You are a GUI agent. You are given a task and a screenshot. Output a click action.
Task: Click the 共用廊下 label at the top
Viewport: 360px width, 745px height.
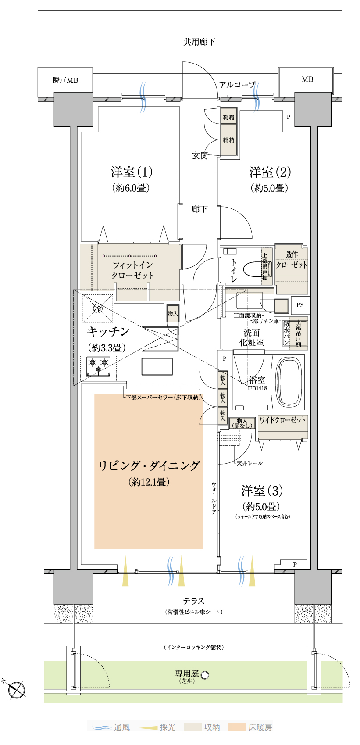(200, 42)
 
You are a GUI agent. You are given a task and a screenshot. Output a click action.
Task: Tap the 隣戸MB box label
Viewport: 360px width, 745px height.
(65, 80)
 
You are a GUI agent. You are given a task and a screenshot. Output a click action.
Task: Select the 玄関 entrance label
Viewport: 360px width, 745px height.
(200, 155)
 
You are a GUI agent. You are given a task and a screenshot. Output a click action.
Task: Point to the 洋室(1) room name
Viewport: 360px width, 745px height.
(132, 172)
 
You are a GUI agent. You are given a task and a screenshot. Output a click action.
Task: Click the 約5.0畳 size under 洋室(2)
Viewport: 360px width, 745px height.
(269, 188)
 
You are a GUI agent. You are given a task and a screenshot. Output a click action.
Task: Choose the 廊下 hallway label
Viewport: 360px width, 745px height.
(200, 209)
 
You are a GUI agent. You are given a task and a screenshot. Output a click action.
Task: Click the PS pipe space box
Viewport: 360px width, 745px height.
(300, 305)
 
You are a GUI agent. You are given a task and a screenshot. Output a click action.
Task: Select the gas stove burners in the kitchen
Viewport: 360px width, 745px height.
(98, 366)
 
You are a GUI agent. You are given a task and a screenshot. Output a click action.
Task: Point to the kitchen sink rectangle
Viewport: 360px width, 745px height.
(157, 366)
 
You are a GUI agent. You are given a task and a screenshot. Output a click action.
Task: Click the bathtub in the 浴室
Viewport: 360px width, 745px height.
(289, 381)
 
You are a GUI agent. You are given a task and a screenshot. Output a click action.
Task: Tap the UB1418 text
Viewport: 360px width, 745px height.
(257, 388)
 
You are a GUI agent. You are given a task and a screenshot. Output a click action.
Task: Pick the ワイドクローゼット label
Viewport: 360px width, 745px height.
(282, 420)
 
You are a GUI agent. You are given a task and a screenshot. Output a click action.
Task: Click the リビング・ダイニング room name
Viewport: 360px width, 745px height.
(149, 466)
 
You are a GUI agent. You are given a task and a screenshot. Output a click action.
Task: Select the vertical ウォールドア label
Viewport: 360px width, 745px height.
(214, 498)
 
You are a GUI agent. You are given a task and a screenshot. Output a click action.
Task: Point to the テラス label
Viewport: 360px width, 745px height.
(193, 601)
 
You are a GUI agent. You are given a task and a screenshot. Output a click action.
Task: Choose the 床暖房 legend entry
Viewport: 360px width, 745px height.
(250, 727)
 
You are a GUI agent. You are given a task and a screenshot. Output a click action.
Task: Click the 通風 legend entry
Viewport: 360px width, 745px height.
(111, 727)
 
